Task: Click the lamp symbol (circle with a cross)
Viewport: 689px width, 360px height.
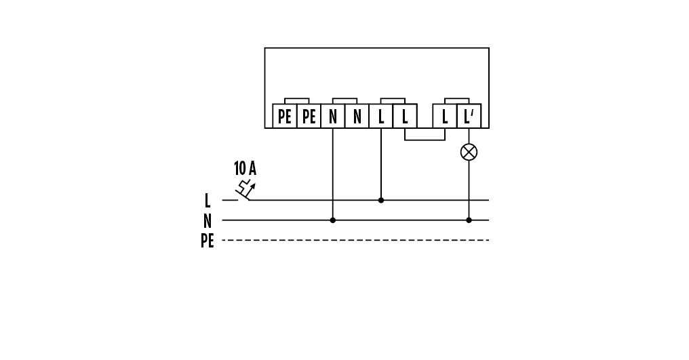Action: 469,152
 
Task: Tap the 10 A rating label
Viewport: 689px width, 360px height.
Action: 245,168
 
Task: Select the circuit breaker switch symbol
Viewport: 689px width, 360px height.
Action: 245,191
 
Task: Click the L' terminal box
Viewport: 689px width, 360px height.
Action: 468,117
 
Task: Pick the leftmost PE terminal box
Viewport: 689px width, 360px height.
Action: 285,117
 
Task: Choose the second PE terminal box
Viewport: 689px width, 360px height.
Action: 309,117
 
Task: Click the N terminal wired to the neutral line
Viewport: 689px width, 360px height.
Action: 332,117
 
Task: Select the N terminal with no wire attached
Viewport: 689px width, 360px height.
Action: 357,117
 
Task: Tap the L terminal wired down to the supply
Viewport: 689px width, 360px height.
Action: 381,117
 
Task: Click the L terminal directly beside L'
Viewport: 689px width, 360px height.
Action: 445,117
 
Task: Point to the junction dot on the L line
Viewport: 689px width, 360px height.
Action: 381,200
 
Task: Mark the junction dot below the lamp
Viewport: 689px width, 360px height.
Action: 469,220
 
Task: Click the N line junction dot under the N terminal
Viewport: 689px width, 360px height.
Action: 332,220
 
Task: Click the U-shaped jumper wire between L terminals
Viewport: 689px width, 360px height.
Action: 425,140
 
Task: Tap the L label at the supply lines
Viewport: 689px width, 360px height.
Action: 208,201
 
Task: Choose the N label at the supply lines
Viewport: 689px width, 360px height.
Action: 208,220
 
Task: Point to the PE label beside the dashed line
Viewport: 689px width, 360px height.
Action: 207,241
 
